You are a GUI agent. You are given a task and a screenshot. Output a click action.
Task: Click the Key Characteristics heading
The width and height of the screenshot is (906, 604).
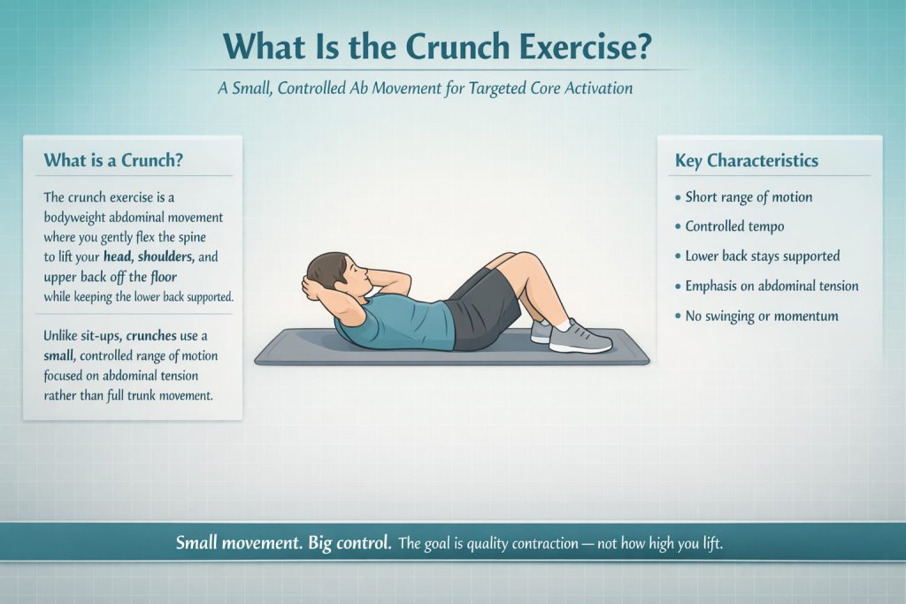pyautogui.click(x=746, y=160)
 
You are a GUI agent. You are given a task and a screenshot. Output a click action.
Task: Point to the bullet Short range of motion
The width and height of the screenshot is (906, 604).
pyautogui.click(x=749, y=197)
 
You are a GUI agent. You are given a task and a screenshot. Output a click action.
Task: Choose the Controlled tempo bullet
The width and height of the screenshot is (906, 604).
pyautogui.click(x=734, y=226)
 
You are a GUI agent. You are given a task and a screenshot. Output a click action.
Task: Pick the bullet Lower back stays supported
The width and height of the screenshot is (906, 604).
pyautogui.click(x=763, y=256)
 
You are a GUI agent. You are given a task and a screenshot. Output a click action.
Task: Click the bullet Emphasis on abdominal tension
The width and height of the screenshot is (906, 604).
pyautogui.click(x=772, y=286)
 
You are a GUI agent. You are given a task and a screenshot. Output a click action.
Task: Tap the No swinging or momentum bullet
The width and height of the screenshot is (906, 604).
pyautogui.click(x=762, y=316)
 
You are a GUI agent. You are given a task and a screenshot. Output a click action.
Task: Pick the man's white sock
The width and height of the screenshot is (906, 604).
pyautogui.click(x=561, y=326)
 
